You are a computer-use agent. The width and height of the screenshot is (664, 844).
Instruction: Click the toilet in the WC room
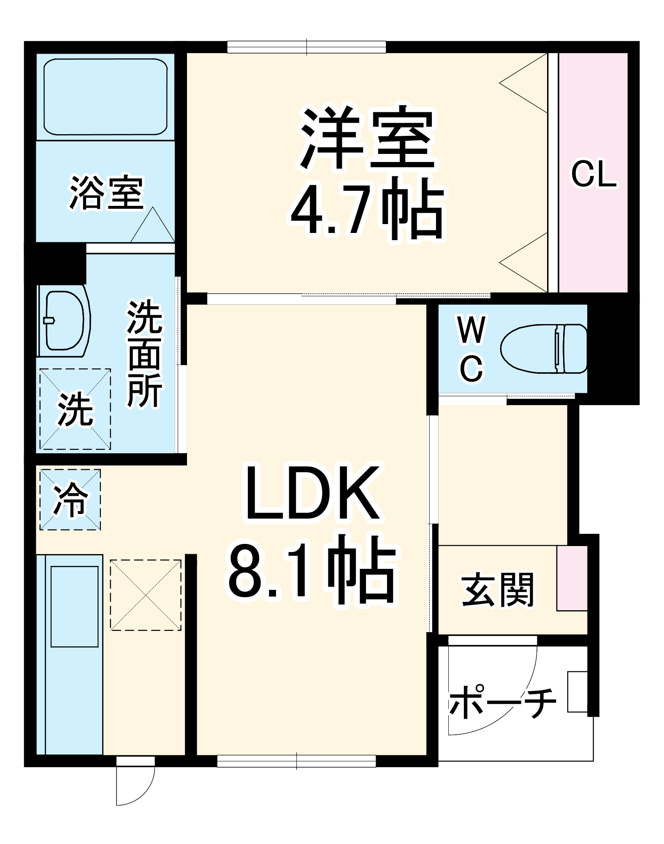point(544,349)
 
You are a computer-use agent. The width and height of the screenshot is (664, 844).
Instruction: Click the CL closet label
point(594,174)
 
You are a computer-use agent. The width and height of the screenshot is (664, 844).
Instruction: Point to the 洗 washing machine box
point(75,409)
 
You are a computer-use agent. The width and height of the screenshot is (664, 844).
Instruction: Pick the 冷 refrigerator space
point(70,500)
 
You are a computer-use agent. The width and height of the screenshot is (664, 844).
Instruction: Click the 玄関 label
point(498,590)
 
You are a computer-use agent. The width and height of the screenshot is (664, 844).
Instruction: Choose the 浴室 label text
point(106,193)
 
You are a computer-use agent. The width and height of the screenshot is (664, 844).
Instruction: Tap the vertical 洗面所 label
point(144,354)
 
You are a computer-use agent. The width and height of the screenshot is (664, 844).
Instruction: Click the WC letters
point(472,349)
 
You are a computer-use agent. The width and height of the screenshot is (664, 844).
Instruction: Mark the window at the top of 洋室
point(306,47)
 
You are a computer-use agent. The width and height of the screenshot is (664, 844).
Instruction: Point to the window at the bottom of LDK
point(296,761)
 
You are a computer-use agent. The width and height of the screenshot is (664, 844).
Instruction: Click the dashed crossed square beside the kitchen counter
point(146,595)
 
